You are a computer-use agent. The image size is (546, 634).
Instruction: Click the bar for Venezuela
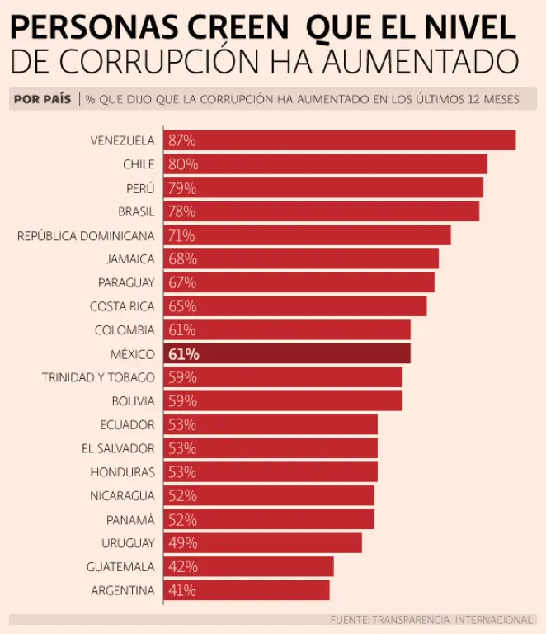(x=340, y=140)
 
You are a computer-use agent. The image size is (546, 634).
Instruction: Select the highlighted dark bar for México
(x=287, y=354)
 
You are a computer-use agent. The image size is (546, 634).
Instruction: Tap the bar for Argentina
(x=247, y=590)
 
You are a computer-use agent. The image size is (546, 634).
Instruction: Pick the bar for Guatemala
(x=249, y=566)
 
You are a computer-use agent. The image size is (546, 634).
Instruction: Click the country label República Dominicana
(x=86, y=236)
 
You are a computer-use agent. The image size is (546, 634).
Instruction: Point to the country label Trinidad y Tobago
(x=98, y=377)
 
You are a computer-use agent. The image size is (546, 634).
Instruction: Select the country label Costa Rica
(x=122, y=306)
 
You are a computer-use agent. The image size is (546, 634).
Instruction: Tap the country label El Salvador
(x=118, y=448)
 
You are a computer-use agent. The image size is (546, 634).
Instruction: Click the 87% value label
(x=181, y=140)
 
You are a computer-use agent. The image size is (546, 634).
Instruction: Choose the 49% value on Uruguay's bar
(x=182, y=543)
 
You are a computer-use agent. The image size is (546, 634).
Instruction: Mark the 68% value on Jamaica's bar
(x=182, y=259)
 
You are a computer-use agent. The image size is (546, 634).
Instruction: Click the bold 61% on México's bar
(x=183, y=354)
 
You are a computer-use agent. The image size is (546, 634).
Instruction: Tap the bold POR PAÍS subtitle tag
(x=42, y=99)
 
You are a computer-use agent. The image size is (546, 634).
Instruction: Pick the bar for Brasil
(x=322, y=211)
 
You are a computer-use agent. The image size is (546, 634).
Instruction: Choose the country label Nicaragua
(x=122, y=496)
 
